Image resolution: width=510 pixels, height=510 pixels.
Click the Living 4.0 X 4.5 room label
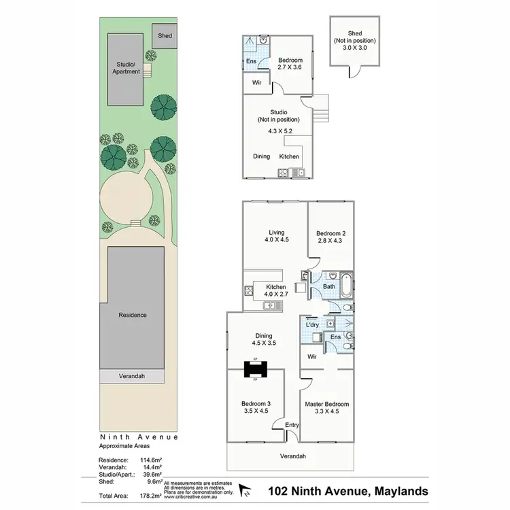[x=277, y=236]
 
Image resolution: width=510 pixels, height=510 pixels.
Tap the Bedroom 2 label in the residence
[x=329, y=236]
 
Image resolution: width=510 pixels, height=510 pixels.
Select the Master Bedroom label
[x=326, y=407]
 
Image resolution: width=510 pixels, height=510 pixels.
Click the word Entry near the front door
[x=292, y=425]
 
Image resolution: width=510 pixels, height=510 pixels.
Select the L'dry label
[x=313, y=325]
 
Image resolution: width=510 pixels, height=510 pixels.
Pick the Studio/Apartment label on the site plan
[x=128, y=68]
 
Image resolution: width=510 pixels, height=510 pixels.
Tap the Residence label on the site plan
[x=133, y=315]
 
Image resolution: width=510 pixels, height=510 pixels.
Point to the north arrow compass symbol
[x=247, y=490]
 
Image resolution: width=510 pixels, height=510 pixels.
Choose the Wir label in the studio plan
[x=257, y=82]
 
